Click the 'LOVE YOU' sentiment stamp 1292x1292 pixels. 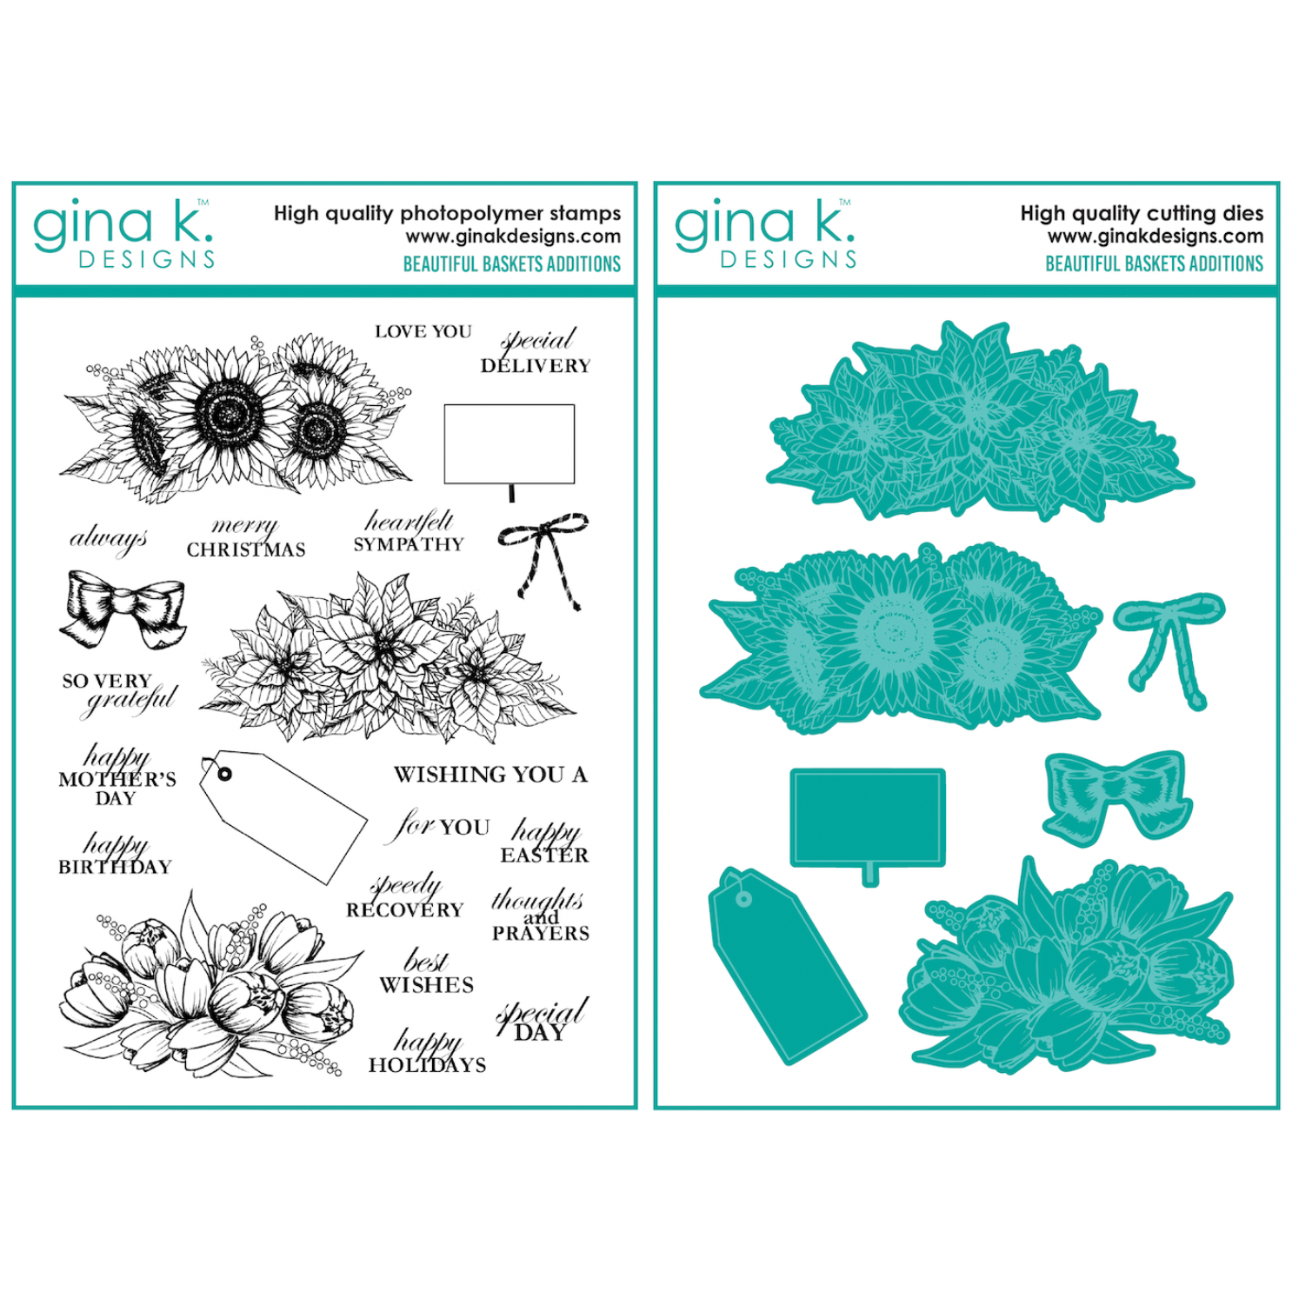(423, 331)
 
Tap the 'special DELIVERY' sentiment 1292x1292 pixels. (536, 352)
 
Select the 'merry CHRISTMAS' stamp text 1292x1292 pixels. (246, 538)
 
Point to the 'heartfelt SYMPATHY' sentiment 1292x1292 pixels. (409, 531)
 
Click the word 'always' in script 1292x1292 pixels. (108, 539)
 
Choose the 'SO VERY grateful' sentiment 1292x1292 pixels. (119, 694)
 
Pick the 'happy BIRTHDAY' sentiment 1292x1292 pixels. (115, 853)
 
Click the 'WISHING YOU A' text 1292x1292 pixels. (490, 774)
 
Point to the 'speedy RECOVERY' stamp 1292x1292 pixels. (404, 896)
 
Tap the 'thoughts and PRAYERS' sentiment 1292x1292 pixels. (540, 915)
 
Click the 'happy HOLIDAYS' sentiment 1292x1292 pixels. (427, 1051)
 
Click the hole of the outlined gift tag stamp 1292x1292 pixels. (225, 774)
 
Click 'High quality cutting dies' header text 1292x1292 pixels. (1142, 213)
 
